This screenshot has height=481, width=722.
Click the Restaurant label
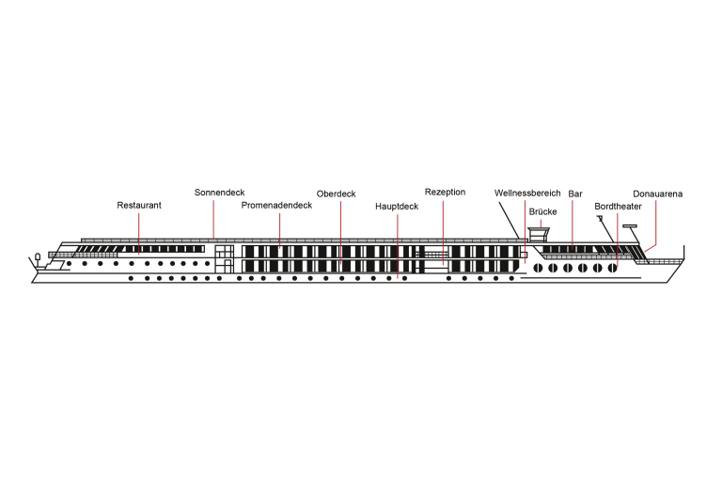(139, 204)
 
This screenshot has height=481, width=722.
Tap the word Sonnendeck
(219, 192)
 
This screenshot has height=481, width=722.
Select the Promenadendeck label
(276, 204)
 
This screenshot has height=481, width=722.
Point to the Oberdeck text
(336, 194)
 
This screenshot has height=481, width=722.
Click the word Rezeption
(445, 192)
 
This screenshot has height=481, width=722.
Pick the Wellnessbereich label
(527, 193)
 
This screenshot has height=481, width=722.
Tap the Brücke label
(543, 211)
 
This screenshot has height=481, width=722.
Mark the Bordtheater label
(618, 205)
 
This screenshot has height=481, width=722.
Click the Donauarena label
(657, 194)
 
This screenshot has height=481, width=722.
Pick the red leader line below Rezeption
(443, 230)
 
